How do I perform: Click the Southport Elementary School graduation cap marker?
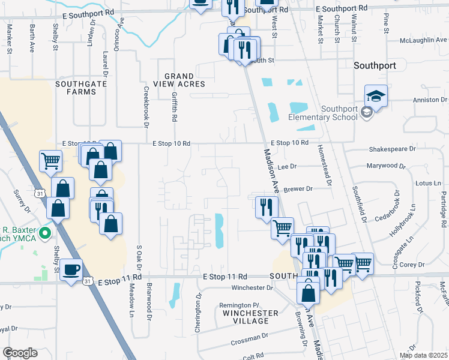(x=376, y=95)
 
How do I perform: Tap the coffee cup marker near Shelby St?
(x=71, y=269)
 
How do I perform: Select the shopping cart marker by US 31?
(x=51, y=161)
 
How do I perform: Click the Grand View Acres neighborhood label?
(x=179, y=80)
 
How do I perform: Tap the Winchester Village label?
(x=250, y=317)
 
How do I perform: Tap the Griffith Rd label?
(x=174, y=103)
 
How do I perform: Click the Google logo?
(x=20, y=353)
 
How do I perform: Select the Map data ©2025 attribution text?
(x=423, y=355)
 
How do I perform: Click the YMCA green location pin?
(x=44, y=233)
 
